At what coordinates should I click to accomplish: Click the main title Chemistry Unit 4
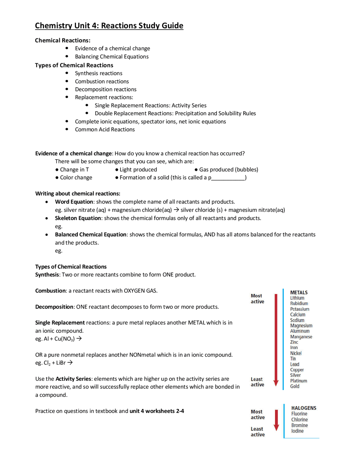[x=109, y=26]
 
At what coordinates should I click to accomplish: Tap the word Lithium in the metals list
[x=297, y=298]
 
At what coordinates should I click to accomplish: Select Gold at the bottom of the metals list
[x=294, y=386]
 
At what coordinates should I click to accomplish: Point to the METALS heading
[x=299, y=292]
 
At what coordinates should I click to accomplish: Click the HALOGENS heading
[x=303, y=408]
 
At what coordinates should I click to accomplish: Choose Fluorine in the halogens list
[x=299, y=414]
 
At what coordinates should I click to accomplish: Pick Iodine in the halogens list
[x=297, y=431]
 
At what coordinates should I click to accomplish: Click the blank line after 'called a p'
[x=228, y=178]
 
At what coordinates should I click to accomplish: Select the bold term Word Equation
[x=74, y=202]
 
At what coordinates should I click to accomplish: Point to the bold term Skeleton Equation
[x=78, y=218]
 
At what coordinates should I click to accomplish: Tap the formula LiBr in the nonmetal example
[x=61, y=363]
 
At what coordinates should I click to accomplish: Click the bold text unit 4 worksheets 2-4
[x=157, y=411]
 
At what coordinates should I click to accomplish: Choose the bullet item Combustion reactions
[x=102, y=81]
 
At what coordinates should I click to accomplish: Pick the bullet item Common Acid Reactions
[x=105, y=129]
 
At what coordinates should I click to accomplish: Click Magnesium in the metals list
[x=301, y=326]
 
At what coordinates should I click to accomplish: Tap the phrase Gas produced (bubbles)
[x=228, y=169]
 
